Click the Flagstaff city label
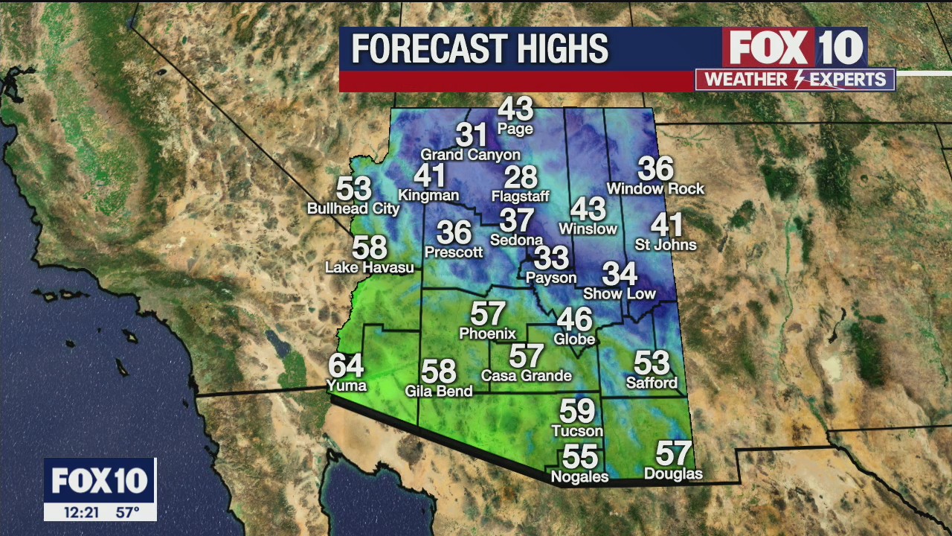tap(521, 197)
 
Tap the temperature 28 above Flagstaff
tap(521, 177)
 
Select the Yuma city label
tap(347, 385)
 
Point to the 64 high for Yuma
tap(347, 366)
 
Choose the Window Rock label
tap(655, 189)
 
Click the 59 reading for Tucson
tap(577, 411)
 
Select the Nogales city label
tap(579, 476)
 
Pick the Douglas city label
tap(673, 474)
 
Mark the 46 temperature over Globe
tap(575, 320)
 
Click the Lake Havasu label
tap(370, 267)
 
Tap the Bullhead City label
tap(353, 209)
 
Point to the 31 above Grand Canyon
tap(471, 135)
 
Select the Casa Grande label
tap(527, 376)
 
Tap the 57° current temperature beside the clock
tap(128, 512)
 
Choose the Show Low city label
tap(620, 293)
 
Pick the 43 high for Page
tap(515, 109)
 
